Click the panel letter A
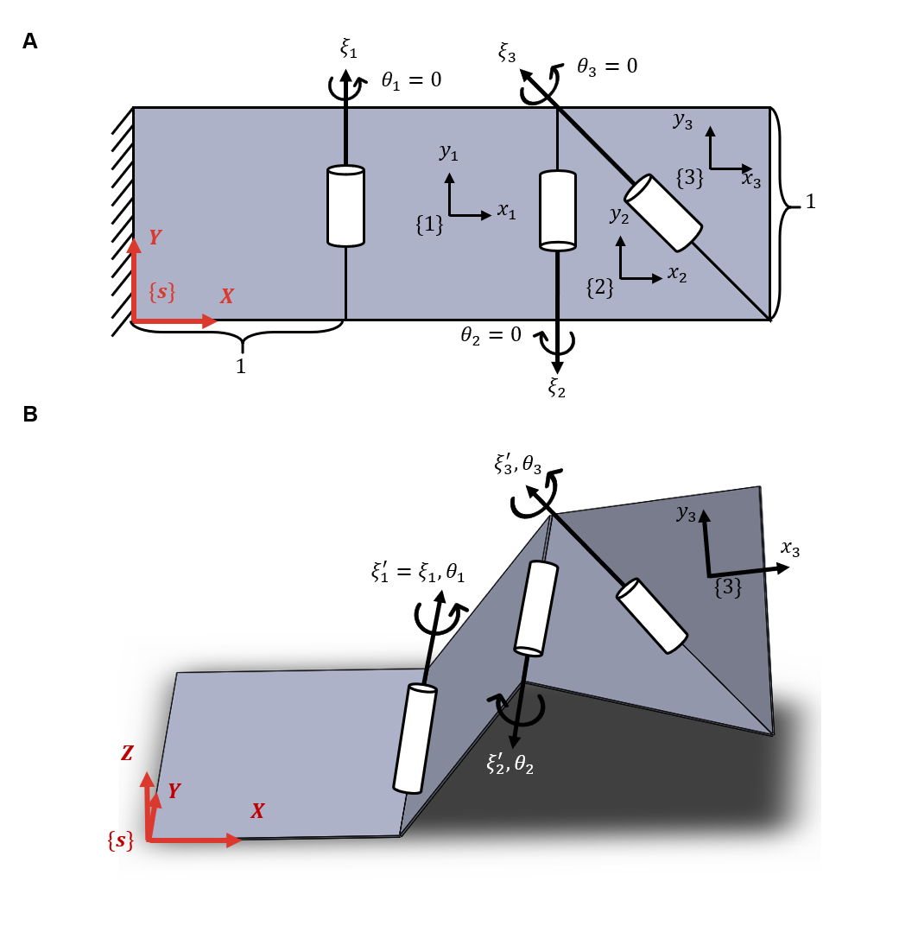[30, 41]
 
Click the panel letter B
[30, 415]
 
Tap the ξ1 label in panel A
[348, 49]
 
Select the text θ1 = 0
[411, 80]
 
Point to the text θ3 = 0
[607, 66]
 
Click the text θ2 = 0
[491, 335]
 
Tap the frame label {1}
[429, 225]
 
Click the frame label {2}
[600, 287]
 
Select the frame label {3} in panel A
[689, 179]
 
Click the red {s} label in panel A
[161, 292]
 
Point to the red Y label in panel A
[155, 238]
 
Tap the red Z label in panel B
[127, 753]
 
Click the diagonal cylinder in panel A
[662, 212]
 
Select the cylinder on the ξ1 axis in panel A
[345, 207]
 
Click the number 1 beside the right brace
[810, 202]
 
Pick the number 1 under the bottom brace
[241, 366]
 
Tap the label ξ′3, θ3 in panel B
[517, 465]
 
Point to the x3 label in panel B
[789, 548]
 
